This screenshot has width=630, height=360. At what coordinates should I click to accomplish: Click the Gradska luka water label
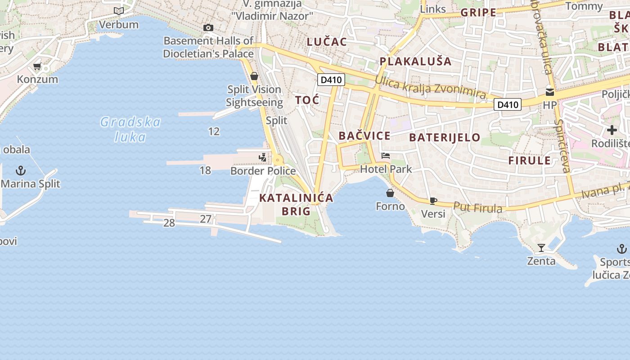(130, 129)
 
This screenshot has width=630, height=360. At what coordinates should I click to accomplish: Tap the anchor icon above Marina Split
(21, 171)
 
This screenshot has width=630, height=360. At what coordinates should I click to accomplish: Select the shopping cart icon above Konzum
(37, 67)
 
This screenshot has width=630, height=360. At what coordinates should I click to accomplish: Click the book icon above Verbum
(119, 11)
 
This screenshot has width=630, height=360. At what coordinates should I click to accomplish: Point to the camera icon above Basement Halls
(208, 28)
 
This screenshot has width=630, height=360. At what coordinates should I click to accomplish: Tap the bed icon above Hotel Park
(386, 156)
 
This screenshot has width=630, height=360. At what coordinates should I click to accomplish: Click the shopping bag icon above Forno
(390, 193)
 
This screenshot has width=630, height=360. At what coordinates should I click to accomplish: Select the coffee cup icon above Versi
(433, 201)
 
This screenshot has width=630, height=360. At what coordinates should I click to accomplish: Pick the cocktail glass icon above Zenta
(541, 248)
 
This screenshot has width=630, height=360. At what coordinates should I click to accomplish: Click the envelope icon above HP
(549, 92)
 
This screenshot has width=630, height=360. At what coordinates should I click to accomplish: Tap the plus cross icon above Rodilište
(612, 130)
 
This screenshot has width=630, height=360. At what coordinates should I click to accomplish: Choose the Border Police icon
(263, 157)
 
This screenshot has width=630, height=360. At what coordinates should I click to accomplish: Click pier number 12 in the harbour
(214, 131)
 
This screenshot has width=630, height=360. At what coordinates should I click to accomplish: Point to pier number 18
(205, 170)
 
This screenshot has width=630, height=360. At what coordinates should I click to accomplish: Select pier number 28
(169, 223)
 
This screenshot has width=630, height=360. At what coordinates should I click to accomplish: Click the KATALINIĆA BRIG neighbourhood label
(296, 204)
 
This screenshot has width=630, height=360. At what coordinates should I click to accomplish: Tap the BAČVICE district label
(364, 136)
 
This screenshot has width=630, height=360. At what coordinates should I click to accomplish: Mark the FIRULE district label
(529, 161)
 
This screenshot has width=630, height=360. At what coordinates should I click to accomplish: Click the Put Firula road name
(477, 207)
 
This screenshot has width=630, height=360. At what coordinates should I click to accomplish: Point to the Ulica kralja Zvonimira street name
(430, 88)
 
